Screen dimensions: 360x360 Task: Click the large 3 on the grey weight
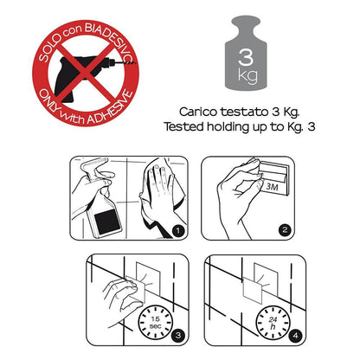click(246, 56)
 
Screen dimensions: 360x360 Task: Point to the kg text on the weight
click(247, 76)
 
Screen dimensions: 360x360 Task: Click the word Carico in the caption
click(198, 112)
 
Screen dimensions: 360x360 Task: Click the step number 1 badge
click(178, 230)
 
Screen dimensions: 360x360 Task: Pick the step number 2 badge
click(285, 230)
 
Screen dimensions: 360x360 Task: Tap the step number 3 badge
click(178, 335)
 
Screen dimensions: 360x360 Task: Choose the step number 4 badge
click(295, 336)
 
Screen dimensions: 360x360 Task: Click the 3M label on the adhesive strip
click(272, 187)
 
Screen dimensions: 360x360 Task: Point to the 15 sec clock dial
click(156, 323)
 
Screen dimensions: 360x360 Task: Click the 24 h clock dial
click(273, 323)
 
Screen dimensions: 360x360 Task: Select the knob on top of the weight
click(246, 23)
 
